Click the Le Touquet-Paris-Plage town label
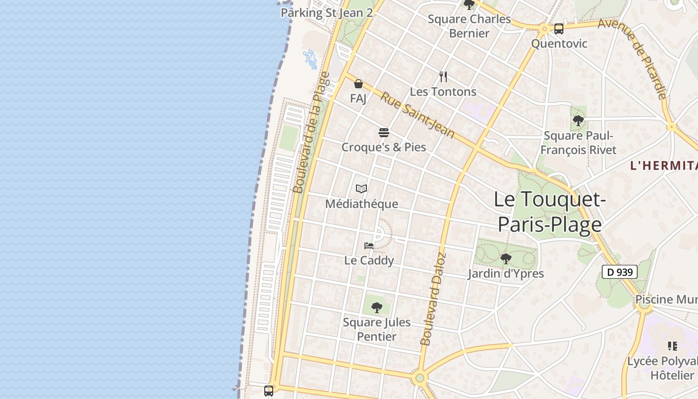(x=549, y=212)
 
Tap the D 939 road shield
(x=620, y=272)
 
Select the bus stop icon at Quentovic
(x=559, y=29)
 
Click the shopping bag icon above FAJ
(x=358, y=84)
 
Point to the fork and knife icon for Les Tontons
(x=443, y=77)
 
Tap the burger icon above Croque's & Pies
(x=383, y=133)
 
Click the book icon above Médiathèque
(x=361, y=189)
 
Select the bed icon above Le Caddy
(x=369, y=245)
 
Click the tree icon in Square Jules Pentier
(x=377, y=307)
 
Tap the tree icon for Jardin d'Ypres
(x=506, y=258)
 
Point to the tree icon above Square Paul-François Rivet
(x=578, y=120)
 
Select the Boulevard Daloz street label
(x=433, y=299)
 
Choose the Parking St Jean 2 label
(x=327, y=13)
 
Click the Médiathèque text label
(x=361, y=204)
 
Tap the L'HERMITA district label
(x=664, y=166)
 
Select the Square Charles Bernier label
(x=469, y=26)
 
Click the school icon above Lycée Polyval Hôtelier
(x=673, y=346)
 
